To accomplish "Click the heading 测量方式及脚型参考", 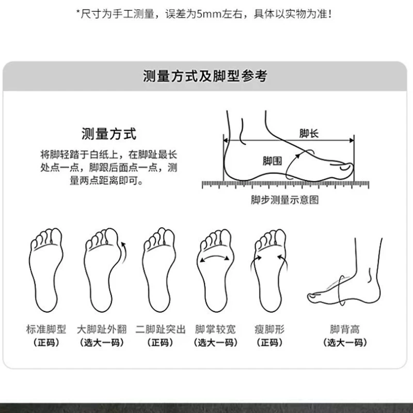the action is (x=205, y=76).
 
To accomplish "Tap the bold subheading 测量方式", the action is (x=109, y=134).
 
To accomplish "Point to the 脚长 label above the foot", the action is (x=309, y=134).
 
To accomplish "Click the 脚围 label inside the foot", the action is (x=273, y=161).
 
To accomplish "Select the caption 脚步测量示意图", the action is (x=285, y=200).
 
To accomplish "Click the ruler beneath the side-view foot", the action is (x=285, y=185).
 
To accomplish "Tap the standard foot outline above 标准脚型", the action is (x=46, y=270).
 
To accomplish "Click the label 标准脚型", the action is (x=46, y=329).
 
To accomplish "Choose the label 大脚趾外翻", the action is (x=102, y=329).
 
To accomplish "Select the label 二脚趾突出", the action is (x=161, y=329).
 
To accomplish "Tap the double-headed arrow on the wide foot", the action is (x=214, y=257).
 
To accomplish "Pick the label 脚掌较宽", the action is (x=215, y=329).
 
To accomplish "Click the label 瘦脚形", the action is (x=269, y=329).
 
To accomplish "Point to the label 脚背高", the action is (x=345, y=329).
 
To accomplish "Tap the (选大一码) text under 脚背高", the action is (x=345, y=343).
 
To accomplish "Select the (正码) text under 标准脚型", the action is (x=46, y=343).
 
